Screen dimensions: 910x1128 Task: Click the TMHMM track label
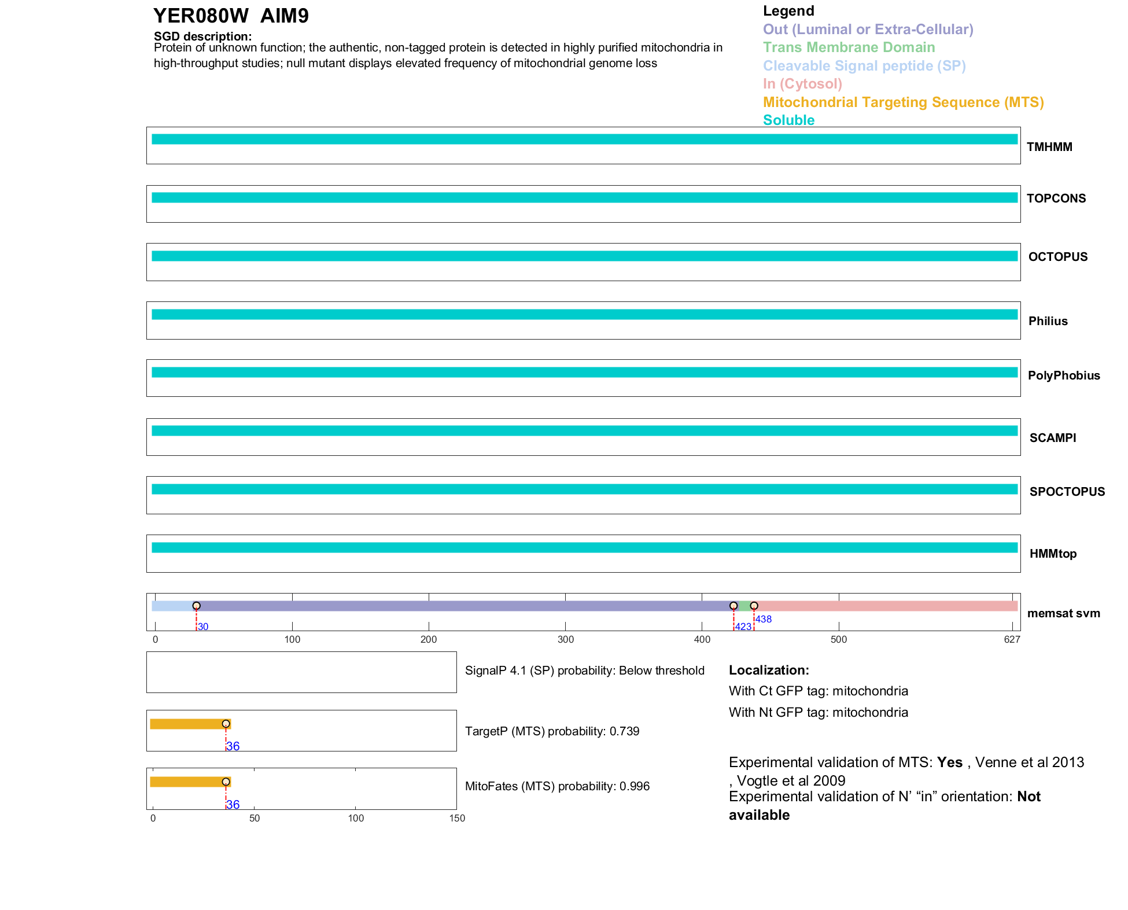(x=1049, y=147)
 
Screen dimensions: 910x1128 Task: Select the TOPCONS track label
(x=1056, y=198)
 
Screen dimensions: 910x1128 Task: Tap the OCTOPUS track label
(x=1057, y=257)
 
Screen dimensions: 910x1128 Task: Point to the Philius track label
(x=1048, y=321)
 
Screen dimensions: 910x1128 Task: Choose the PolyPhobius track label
(x=1063, y=375)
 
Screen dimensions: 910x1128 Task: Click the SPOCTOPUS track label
(x=1067, y=492)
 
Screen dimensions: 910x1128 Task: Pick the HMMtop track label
(x=1053, y=554)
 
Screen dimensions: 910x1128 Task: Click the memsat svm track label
(x=1063, y=613)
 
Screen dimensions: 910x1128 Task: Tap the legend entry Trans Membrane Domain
(x=849, y=47)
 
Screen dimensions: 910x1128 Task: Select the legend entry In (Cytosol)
(x=802, y=84)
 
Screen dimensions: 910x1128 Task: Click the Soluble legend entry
(x=788, y=120)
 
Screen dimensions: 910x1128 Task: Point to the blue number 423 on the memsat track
(x=743, y=627)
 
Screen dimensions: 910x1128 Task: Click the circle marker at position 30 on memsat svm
(x=197, y=606)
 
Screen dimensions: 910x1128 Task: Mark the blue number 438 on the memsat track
(x=764, y=619)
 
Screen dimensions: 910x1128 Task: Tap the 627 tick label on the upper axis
(x=1012, y=639)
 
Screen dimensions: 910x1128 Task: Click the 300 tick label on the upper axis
(x=566, y=639)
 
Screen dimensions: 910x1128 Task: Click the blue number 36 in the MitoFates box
(x=233, y=805)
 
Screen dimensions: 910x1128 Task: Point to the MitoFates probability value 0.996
(x=635, y=786)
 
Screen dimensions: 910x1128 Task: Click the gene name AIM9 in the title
(x=285, y=16)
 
